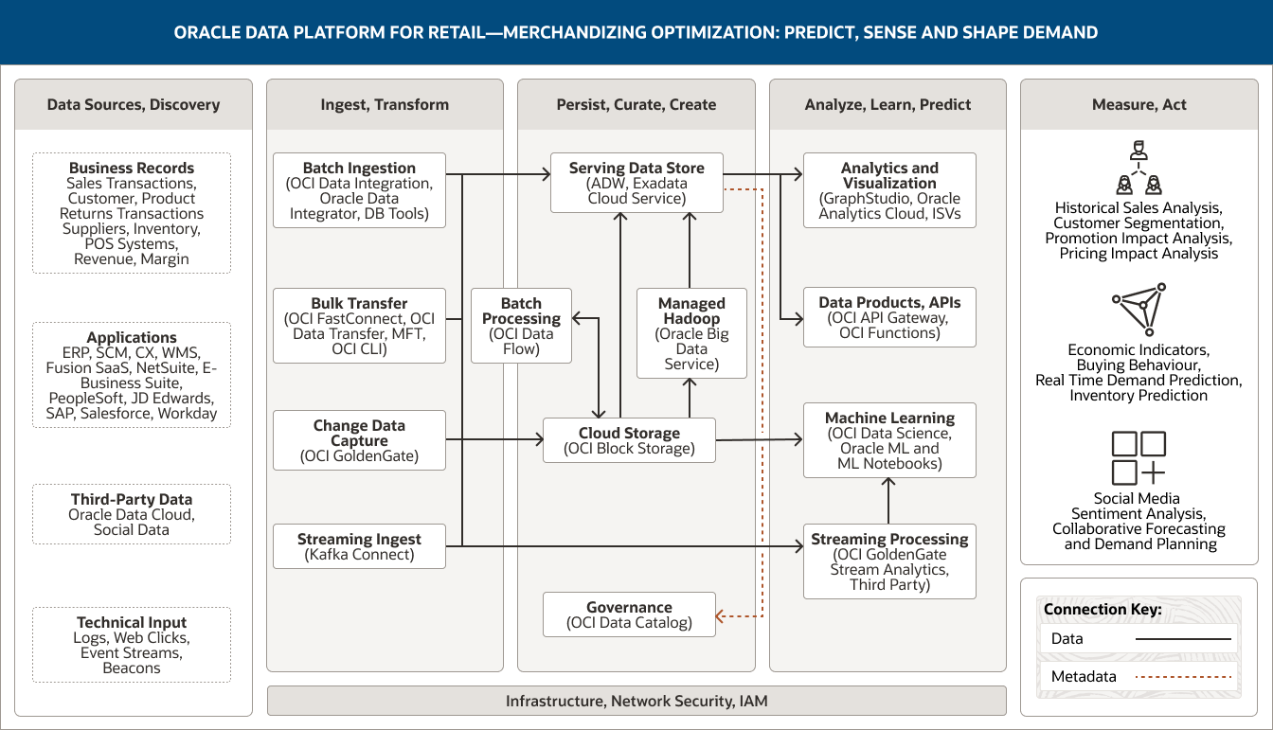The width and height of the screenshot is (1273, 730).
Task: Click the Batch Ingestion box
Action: pyautogui.click(x=359, y=190)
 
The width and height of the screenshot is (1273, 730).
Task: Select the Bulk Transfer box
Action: pyautogui.click(x=359, y=326)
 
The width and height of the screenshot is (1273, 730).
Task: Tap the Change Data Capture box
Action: pyautogui.click(x=359, y=440)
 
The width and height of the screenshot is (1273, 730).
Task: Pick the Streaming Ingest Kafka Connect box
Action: pyautogui.click(x=359, y=546)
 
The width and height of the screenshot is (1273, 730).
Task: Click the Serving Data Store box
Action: pyautogui.click(x=636, y=183)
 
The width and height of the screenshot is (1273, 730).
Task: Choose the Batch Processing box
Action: pyautogui.click(x=521, y=326)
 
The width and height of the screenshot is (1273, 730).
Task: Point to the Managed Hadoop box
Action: pyautogui.click(x=691, y=333)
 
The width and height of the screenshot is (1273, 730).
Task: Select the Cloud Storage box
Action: pyautogui.click(x=629, y=440)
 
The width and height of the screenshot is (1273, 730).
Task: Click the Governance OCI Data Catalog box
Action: pyautogui.click(x=629, y=614)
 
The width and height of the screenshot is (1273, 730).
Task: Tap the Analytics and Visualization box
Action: pyautogui.click(x=889, y=190)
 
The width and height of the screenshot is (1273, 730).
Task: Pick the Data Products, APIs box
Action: pyautogui.click(x=889, y=317)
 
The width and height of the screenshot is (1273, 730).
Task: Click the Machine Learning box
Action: pyautogui.click(x=889, y=440)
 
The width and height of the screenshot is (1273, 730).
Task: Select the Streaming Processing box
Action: pyautogui.click(x=889, y=561)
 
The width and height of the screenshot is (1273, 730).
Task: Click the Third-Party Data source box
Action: pyautogui.click(x=132, y=514)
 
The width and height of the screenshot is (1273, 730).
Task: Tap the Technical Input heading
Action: pyautogui.click(x=132, y=622)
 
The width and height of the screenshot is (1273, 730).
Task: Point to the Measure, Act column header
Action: pyautogui.click(x=1139, y=104)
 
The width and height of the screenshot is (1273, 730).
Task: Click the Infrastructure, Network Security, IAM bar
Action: pyautogui.click(x=636, y=702)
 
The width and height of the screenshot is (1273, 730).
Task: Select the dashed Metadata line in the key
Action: pyautogui.click(x=1183, y=677)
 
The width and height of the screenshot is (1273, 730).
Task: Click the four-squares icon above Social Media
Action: pyautogui.click(x=1139, y=458)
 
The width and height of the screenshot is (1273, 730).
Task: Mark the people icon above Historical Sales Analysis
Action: pyautogui.click(x=1139, y=169)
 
